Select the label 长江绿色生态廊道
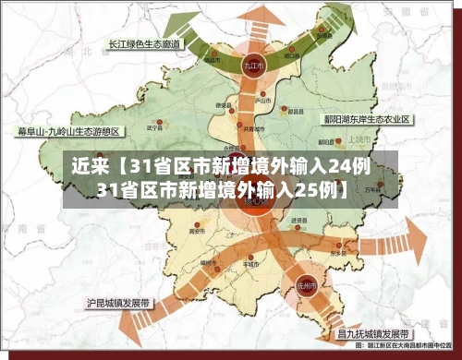click(x=141, y=43)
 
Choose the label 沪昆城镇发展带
click(x=118, y=302)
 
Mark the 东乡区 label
click(x=337, y=253)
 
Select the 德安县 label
click(x=223, y=107)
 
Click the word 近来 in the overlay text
click(x=91, y=168)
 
